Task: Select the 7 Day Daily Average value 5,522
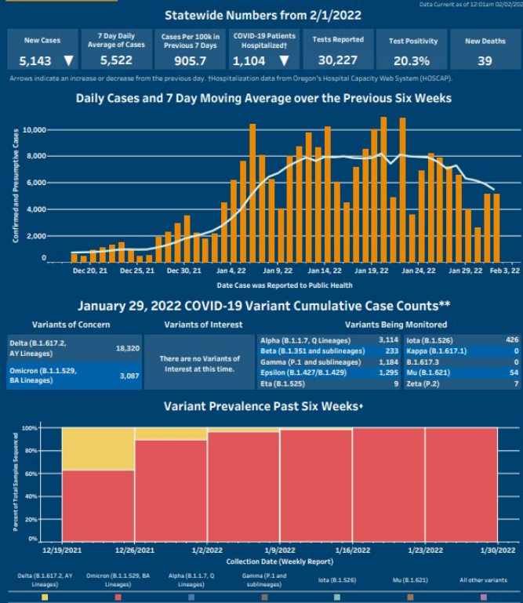click(117, 60)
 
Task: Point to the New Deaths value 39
click(485, 60)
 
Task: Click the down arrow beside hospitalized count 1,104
click(283, 60)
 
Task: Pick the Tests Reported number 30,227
click(338, 60)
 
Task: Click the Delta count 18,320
click(127, 347)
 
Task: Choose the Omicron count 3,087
click(127, 376)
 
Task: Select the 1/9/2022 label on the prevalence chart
click(280, 551)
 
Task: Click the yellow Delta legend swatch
click(45, 598)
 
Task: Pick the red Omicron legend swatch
click(118, 598)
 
